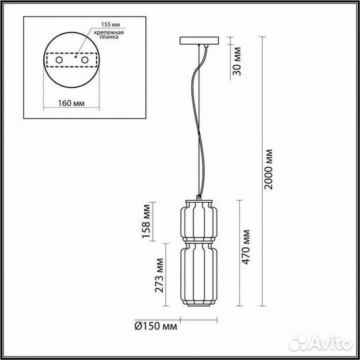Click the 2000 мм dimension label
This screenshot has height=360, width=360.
tap(269, 169)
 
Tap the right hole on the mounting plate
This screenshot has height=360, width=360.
tap(85, 61)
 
